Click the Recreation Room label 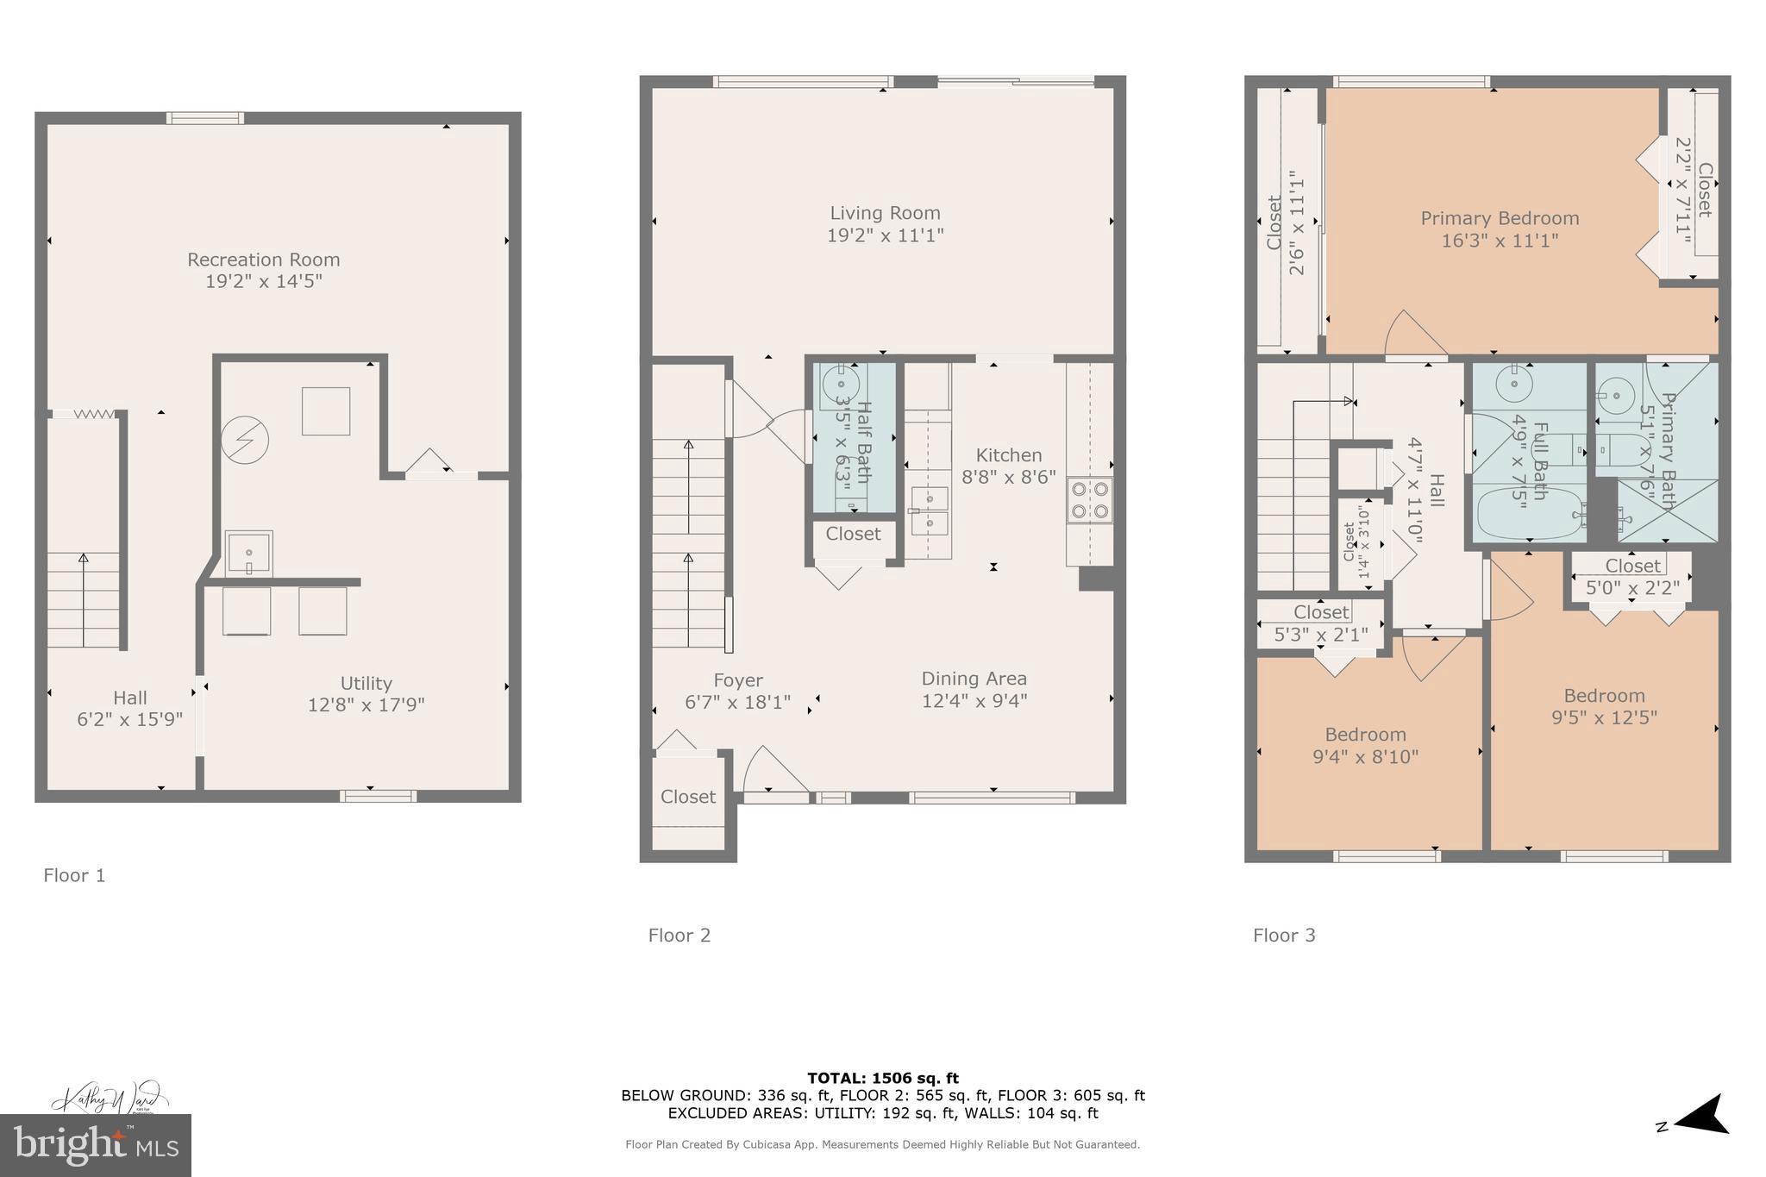[x=263, y=260]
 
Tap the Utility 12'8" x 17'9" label [x=366, y=694]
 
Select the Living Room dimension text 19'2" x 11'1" [x=885, y=235]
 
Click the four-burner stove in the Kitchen [x=1089, y=500]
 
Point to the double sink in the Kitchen [x=930, y=510]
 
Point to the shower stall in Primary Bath [x=1667, y=511]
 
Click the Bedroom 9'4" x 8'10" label [x=1365, y=745]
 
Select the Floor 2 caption [x=679, y=936]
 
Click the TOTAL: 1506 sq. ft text [x=882, y=1078]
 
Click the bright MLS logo [x=95, y=1146]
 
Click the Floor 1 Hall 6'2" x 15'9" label [x=129, y=708]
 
